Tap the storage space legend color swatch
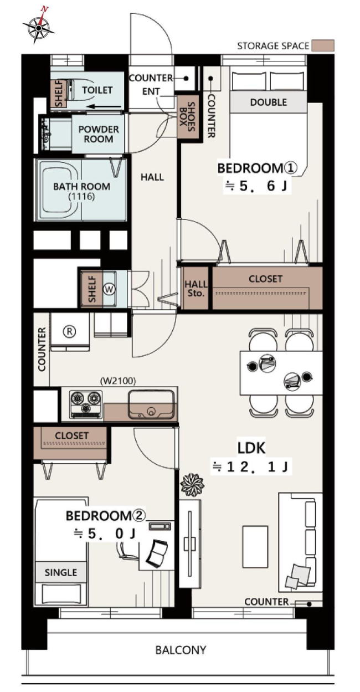click(x=323, y=45)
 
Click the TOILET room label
click(x=97, y=90)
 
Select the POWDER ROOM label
click(x=99, y=134)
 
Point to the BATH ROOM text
click(x=81, y=187)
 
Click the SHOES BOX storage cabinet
click(x=188, y=117)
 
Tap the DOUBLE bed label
click(x=268, y=102)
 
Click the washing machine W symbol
click(x=109, y=289)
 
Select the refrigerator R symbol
click(x=69, y=331)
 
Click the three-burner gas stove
click(x=86, y=404)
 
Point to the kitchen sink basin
click(x=151, y=404)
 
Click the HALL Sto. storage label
click(x=196, y=289)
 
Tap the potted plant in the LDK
click(x=192, y=483)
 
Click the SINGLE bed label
click(x=61, y=572)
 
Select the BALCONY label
click(x=181, y=650)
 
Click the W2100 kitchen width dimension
click(x=118, y=381)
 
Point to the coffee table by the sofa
click(x=255, y=547)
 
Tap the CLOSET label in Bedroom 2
click(x=71, y=435)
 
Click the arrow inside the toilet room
click(x=104, y=107)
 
